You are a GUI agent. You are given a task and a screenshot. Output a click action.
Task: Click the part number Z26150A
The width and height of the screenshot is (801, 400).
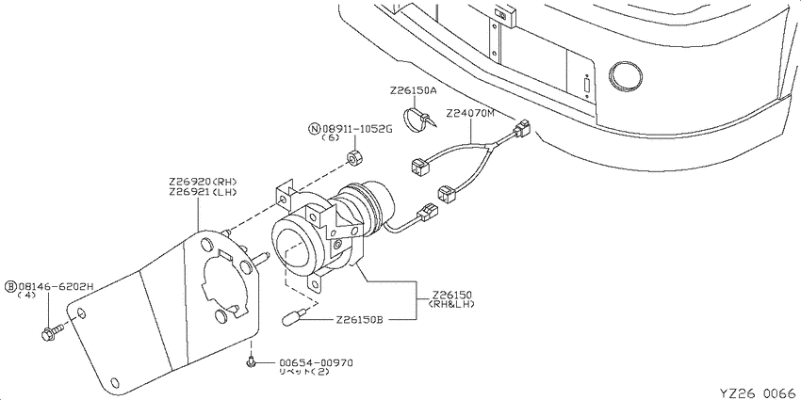click(413, 90)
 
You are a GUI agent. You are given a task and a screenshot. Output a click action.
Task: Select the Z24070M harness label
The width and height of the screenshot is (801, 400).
click(470, 113)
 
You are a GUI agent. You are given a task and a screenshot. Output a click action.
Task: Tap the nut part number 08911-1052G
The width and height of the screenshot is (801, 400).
click(357, 129)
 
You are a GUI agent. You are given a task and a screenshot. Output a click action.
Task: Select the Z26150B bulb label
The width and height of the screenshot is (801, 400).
click(360, 320)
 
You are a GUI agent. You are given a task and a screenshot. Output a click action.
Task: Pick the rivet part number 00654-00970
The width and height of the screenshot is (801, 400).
click(316, 362)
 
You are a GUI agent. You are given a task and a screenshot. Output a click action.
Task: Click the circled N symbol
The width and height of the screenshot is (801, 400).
click(315, 129)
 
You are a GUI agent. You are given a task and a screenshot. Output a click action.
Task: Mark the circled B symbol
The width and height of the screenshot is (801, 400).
click(10, 287)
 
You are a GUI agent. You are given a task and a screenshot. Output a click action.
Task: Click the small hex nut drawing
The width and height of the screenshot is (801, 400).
click(353, 158)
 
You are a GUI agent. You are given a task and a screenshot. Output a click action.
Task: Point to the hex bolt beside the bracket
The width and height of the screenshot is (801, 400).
click(52, 332)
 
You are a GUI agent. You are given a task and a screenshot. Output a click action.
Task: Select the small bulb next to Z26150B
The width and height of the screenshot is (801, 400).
click(294, 317)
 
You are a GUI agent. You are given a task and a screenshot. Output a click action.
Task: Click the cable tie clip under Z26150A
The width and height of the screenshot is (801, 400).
click(419, 120)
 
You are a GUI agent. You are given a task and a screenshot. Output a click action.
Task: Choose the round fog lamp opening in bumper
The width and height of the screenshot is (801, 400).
click(625, 77)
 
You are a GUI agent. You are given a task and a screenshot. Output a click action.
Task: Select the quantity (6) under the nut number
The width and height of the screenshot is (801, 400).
click(331, 137)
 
